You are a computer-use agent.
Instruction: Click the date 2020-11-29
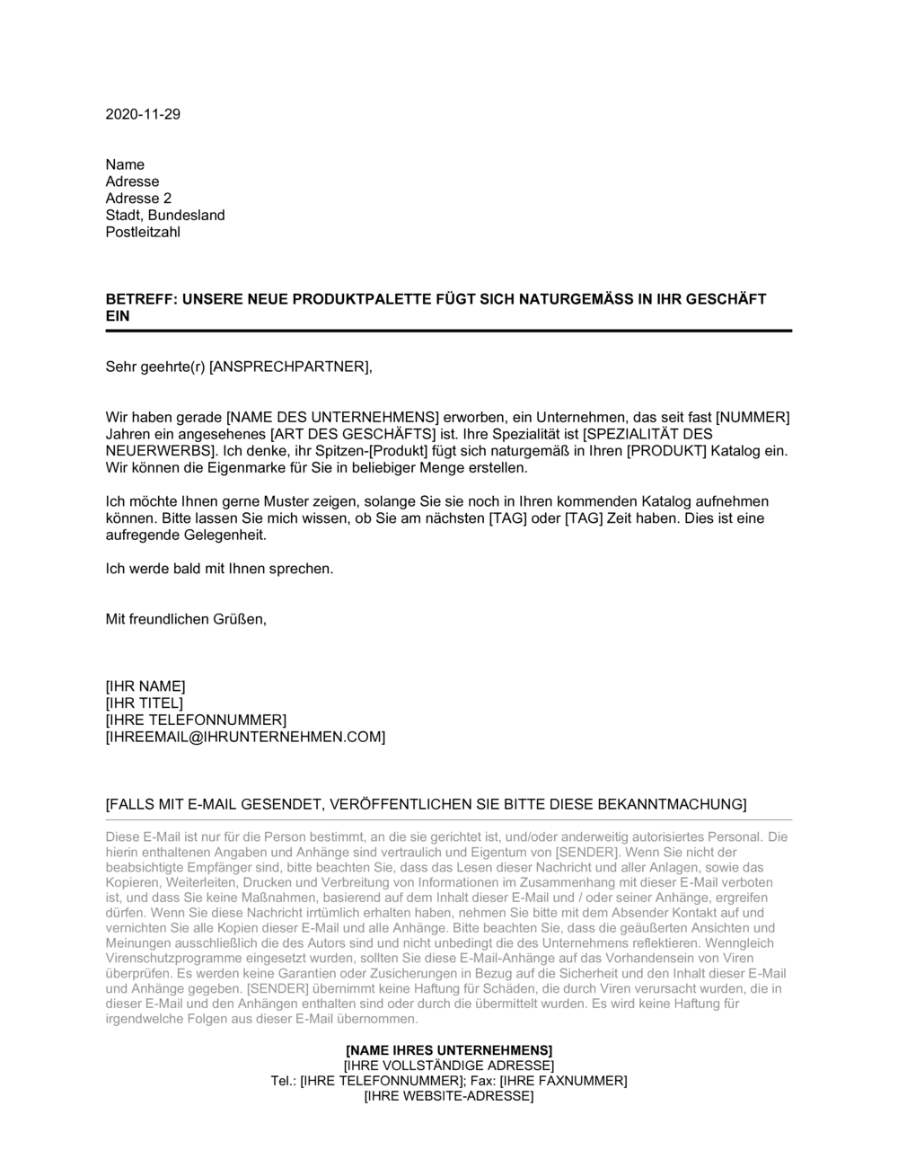[143, 114]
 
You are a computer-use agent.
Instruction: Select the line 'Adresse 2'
[138, 199]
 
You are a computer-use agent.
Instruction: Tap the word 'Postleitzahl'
[143, 233]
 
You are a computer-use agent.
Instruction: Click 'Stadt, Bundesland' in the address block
[165, 216]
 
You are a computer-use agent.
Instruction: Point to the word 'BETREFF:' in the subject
[141, 299]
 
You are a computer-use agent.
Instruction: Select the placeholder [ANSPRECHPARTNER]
[288, 366]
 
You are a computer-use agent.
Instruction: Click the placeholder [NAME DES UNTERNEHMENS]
[331, 417]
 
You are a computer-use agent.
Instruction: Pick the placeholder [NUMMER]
[753, 417]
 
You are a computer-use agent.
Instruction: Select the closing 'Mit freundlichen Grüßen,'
[186, 619]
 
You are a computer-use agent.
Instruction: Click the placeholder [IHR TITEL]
[145, 703]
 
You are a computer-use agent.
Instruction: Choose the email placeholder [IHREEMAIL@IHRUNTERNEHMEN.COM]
[245, 738]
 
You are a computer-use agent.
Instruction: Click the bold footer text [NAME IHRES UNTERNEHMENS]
[449, 1050]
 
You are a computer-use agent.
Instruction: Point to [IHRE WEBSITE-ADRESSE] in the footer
[449, 1097]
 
